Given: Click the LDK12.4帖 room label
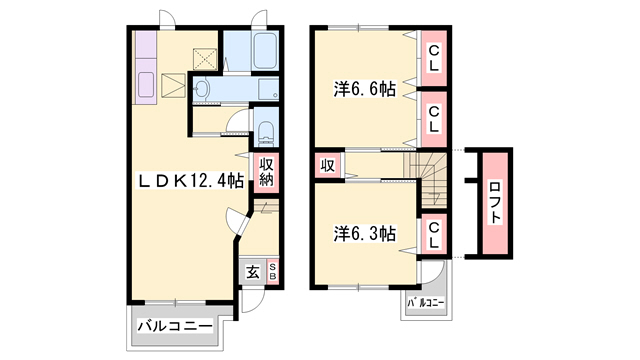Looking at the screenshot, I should coord(190,181).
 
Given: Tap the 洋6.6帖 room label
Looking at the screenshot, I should coord(364,90).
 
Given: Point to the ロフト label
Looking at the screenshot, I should coord(496,203).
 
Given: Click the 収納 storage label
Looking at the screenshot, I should coord(267,172).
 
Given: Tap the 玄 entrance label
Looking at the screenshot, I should coord(253,271).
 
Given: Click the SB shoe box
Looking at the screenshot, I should coord(271,271).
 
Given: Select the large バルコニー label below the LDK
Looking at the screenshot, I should coord(174,326).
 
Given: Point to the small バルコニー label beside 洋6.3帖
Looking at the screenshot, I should coord(424,302).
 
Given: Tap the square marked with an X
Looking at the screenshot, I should coord(205,58).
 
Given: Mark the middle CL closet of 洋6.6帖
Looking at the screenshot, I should coord(435,118).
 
